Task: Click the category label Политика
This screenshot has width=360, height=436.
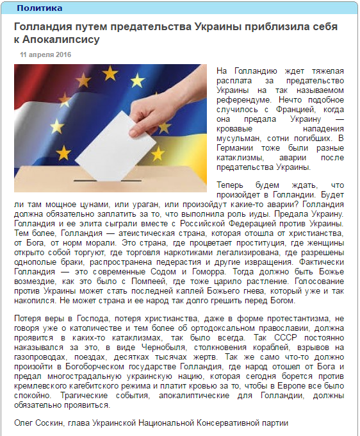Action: [39, 8]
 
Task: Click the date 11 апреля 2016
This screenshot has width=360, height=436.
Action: [45, 55]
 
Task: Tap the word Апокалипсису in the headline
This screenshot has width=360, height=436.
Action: [63, 39]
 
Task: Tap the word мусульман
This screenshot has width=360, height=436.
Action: [239, 138]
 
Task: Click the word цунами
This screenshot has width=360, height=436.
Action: [88, 203]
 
